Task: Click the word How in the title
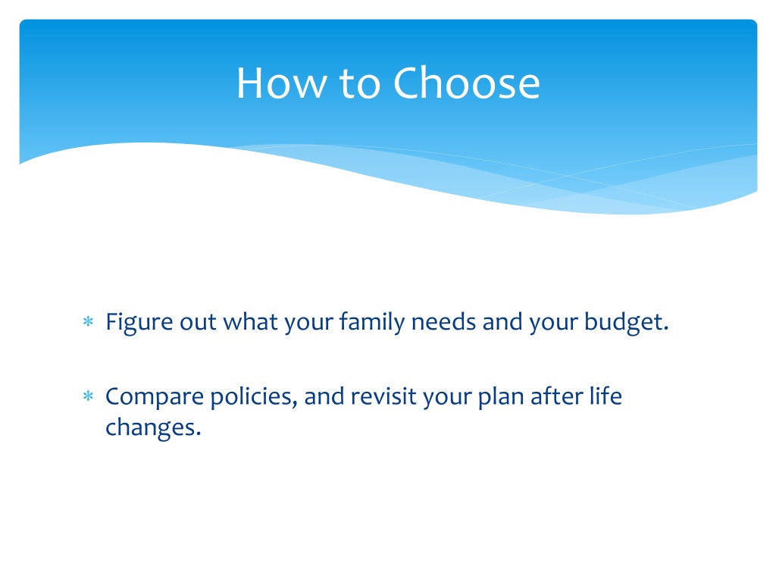pyautogui.click(x=281, y=83)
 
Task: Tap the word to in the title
pyautogui.click(x=360, y=83)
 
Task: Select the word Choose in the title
pyautogui.click(x=467, y=83)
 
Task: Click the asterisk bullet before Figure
pyautogui.click(x=88, y=322)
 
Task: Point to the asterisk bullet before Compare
pyautogui.click(x=88, y=396)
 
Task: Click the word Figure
pyautogui.click(x=139, y=323)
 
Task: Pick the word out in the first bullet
pyautogui.click(x=198, y=323)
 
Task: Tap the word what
pyautogui.click(x=250, y=321)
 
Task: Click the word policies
pyautogui.click(x=254, y=397)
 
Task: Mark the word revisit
pyautogui.click(x=383, y=396)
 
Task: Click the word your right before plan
pyautogui.click(x=447, y=399)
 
